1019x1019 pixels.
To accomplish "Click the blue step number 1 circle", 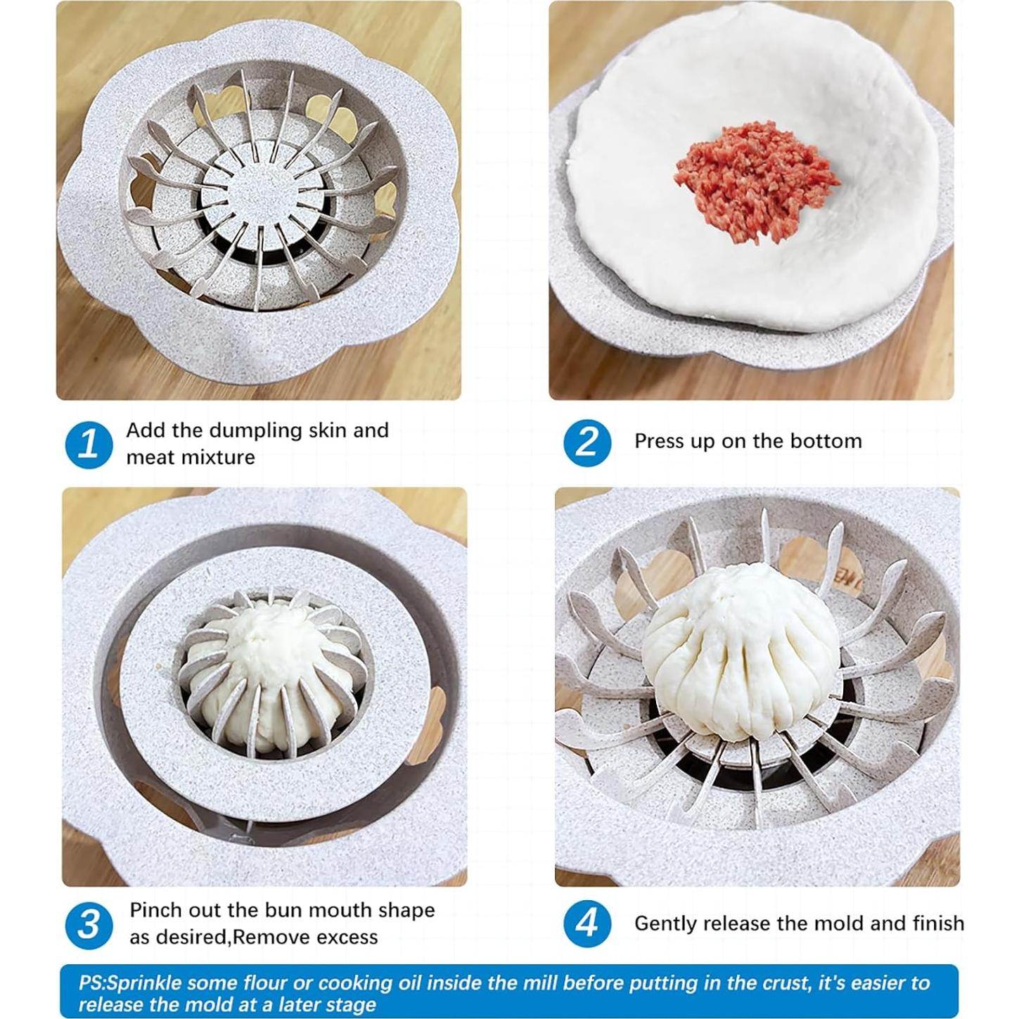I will pyautogui.click(x=89, y=444).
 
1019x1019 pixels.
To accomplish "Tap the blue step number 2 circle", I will pyautogui.click(x=587, y=443).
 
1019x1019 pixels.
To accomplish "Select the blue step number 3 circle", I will pyautogui.click(x=89, y=924).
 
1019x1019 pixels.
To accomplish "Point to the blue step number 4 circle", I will pyautogui.click(x=587, y=923).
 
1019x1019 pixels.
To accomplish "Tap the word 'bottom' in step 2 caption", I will pyautogui.click(x=826, y=441).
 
